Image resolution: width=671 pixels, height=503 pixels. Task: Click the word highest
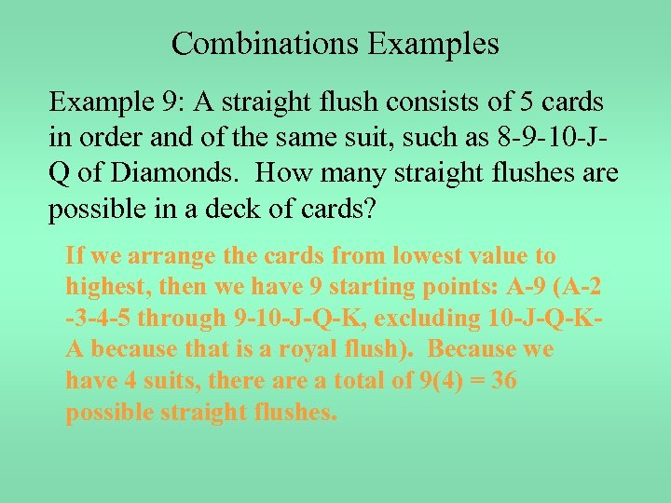pyautogui.click(x=108, y=287)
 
